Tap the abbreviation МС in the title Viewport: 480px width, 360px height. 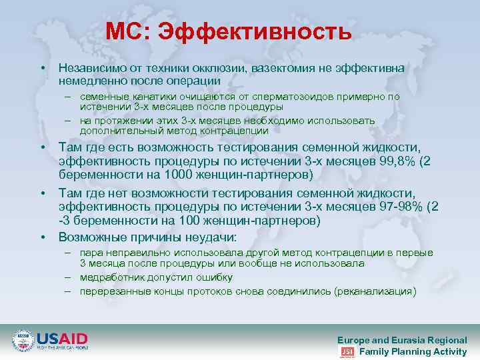(x=130, y=32)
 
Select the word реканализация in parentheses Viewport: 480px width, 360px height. (x=375, y=291)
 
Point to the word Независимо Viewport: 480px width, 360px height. (x=90, y=69)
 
